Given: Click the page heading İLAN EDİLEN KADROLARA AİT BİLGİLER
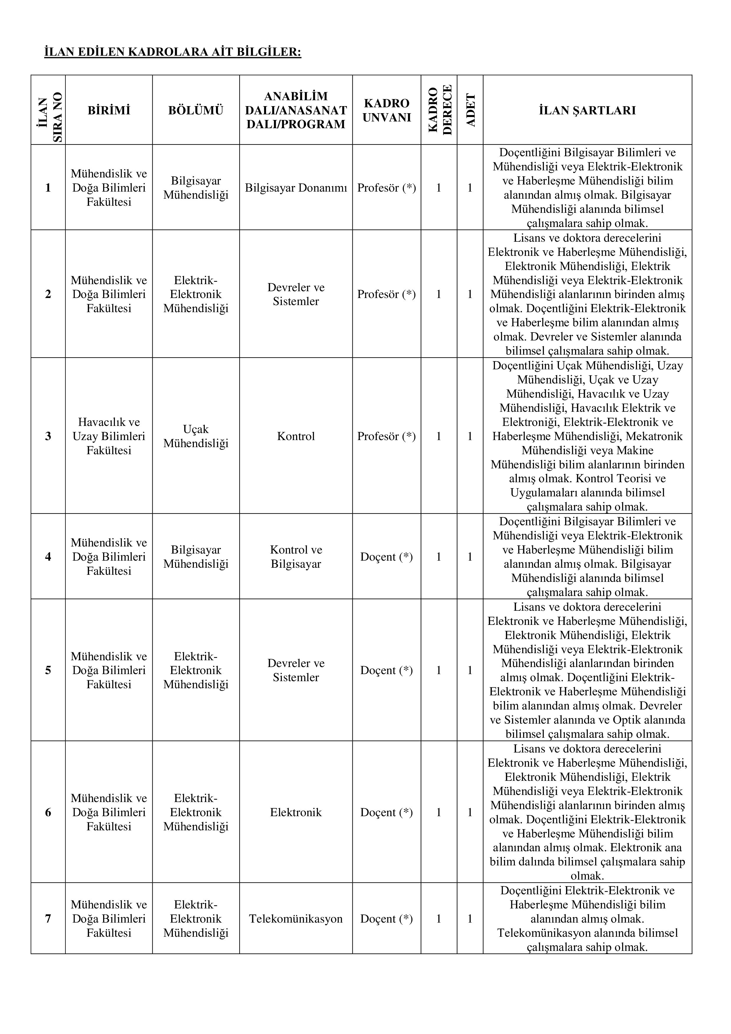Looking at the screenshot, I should click(x=172, y=52).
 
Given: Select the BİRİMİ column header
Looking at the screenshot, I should click(x=109, y=110).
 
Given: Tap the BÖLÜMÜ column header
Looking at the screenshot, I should click(x=196, y=110).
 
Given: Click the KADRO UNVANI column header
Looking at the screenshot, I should click(x=387, y=110).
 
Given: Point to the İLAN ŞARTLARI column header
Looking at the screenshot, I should click(x=588, y=110).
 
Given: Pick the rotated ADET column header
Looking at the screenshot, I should click(x=470, y=110).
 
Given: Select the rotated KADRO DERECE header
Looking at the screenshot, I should click(x=439, y=110).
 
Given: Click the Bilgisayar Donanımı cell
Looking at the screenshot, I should click(x=296, y=188).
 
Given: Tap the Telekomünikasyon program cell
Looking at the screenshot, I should click(x=296, y=919).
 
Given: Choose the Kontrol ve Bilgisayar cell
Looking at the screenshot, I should click(x=296, y=556).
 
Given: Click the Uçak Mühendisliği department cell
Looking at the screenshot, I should click(x=196, y=436).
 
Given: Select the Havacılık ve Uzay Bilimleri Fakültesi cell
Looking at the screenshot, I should click(x=109, y=436).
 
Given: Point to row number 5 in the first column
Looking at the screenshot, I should click(x=48, y=670).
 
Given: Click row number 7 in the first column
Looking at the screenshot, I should click(x=48, y=919).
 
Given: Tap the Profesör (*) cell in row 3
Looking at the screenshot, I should click(x=387, y=436).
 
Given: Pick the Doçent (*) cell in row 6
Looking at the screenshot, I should click(x=387, y=812).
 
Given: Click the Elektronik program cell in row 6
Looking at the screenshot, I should click(x=296, y=812).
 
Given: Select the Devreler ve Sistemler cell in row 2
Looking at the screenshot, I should click(x=296, y=294).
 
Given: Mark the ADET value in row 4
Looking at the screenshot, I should click(x=470, y=556).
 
